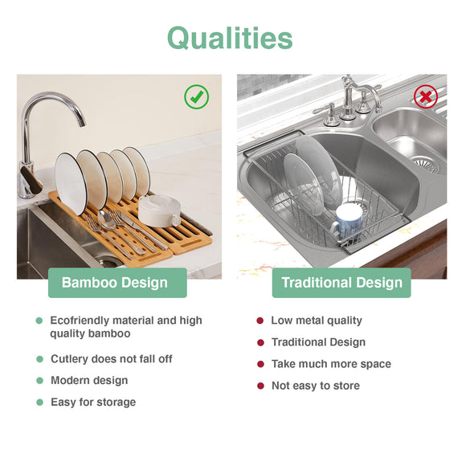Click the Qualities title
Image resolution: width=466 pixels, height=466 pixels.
230,38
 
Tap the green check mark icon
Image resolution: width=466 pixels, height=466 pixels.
197,97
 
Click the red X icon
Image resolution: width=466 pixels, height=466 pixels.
425,97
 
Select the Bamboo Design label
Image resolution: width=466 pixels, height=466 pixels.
115,283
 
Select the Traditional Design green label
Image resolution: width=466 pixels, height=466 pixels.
341,283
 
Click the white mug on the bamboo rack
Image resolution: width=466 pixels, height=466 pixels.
159,211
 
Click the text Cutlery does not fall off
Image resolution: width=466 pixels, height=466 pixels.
112,359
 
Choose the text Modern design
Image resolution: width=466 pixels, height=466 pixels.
89,380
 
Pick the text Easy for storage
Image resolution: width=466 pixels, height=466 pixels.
93,402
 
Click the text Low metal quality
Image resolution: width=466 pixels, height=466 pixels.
317,321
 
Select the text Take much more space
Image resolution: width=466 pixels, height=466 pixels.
331,364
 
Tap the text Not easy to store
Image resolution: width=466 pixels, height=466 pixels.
316,386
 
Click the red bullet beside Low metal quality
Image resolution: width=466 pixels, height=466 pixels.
260,321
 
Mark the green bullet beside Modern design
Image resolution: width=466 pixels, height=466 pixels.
39,381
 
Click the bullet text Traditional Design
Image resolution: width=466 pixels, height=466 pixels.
318,342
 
